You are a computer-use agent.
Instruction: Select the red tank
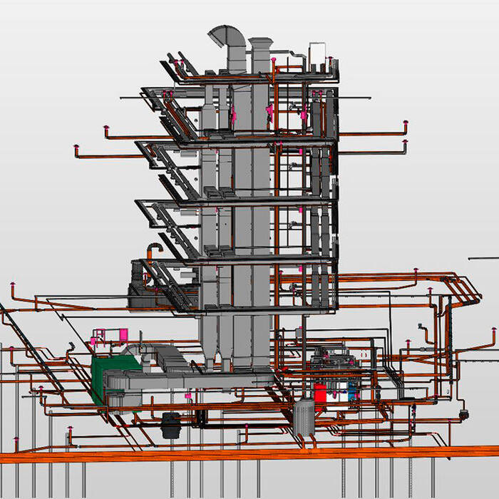click(321, 393)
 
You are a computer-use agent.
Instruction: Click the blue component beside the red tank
click(351, 389)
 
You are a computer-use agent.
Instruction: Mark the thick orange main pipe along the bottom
click(249, 454)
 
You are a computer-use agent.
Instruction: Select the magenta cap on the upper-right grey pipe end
click(404, 144)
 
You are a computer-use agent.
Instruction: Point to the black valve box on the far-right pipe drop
click(464, 413)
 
